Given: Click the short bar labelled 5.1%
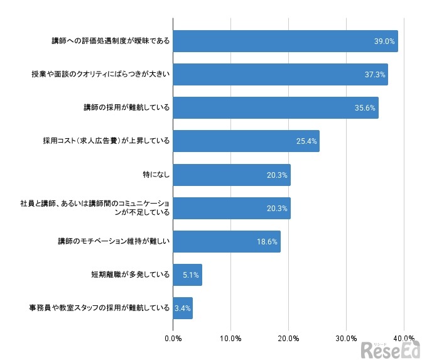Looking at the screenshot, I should (x=187, y=275).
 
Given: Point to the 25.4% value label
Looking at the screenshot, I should (x=308, y=141).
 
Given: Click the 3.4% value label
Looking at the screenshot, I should (x=183, y=308).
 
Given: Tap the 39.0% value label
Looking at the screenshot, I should (x=384, y=41).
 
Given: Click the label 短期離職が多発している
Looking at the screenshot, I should (x=131, y=275).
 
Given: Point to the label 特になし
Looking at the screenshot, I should (x=156, y=175).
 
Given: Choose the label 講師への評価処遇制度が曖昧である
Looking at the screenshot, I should (x=111, y=41).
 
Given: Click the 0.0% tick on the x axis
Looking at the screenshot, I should (x=173, y=339).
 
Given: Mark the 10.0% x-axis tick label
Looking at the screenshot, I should (x=230, y=339).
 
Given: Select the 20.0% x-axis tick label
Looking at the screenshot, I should (x=289, y=339).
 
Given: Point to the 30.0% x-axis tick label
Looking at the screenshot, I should (x=347, y=339).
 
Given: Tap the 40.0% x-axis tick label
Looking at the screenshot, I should (x=404, y=339).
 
